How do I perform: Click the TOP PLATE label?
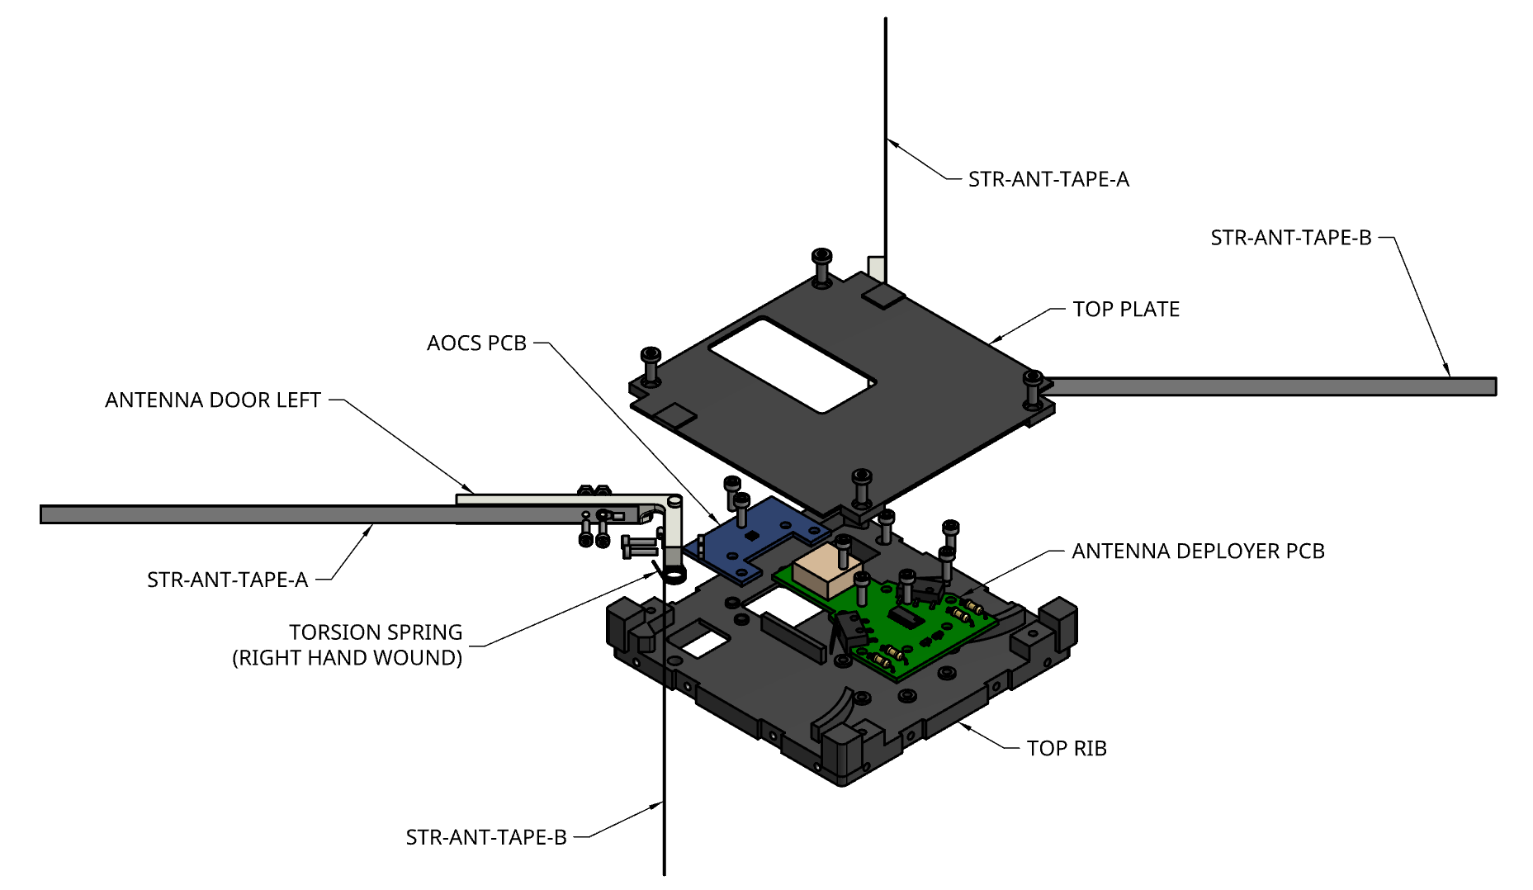pos(1126,310)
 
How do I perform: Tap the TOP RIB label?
pos(1067,749)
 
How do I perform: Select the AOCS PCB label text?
pos(476,343)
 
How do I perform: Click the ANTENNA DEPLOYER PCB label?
pos(1198,552)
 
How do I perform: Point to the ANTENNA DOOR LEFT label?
pos(213,400)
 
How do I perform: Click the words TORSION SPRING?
pos(376,632)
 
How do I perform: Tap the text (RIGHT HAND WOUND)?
pos(348,658)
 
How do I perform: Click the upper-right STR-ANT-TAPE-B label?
pos(1290,239)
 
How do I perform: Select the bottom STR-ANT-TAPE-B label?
pos(486,838)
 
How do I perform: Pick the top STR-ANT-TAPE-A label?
pos(1048,180)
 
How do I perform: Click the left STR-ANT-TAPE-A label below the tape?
pos(228,580)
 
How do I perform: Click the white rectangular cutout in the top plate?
pos(791,364)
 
